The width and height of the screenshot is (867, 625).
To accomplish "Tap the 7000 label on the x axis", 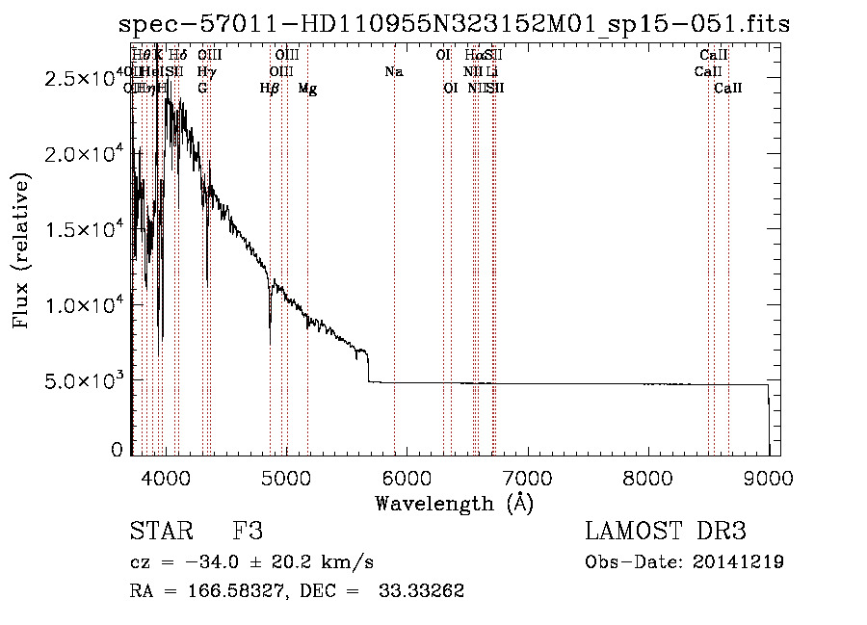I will pyautogui.click(x=527, y=476).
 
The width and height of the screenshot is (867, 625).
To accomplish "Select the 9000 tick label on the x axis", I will pyautogui.click(x=768, y=476).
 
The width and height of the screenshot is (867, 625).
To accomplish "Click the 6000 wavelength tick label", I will pyautogui.click(x=406, y=476).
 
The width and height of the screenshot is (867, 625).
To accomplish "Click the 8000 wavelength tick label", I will pyautogui.click(x=647, y=476).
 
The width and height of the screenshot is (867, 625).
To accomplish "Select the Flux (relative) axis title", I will pyautogui.click(x=21, y=250).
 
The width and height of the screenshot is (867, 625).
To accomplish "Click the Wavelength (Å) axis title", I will pyautogui.click(x=454, y=503).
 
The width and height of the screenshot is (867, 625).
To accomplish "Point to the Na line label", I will pyautogui.click(x=393, y=72).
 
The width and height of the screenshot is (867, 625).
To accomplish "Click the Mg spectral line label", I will pyautogui.click(x=307, y=89).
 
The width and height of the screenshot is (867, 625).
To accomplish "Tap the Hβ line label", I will pyautogui.click(x=270, y=89).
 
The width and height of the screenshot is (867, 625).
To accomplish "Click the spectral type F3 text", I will pyautogui.click(x=248, y=532).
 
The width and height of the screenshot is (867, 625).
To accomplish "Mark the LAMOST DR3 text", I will pyautogui.click(x=665, y=532).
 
